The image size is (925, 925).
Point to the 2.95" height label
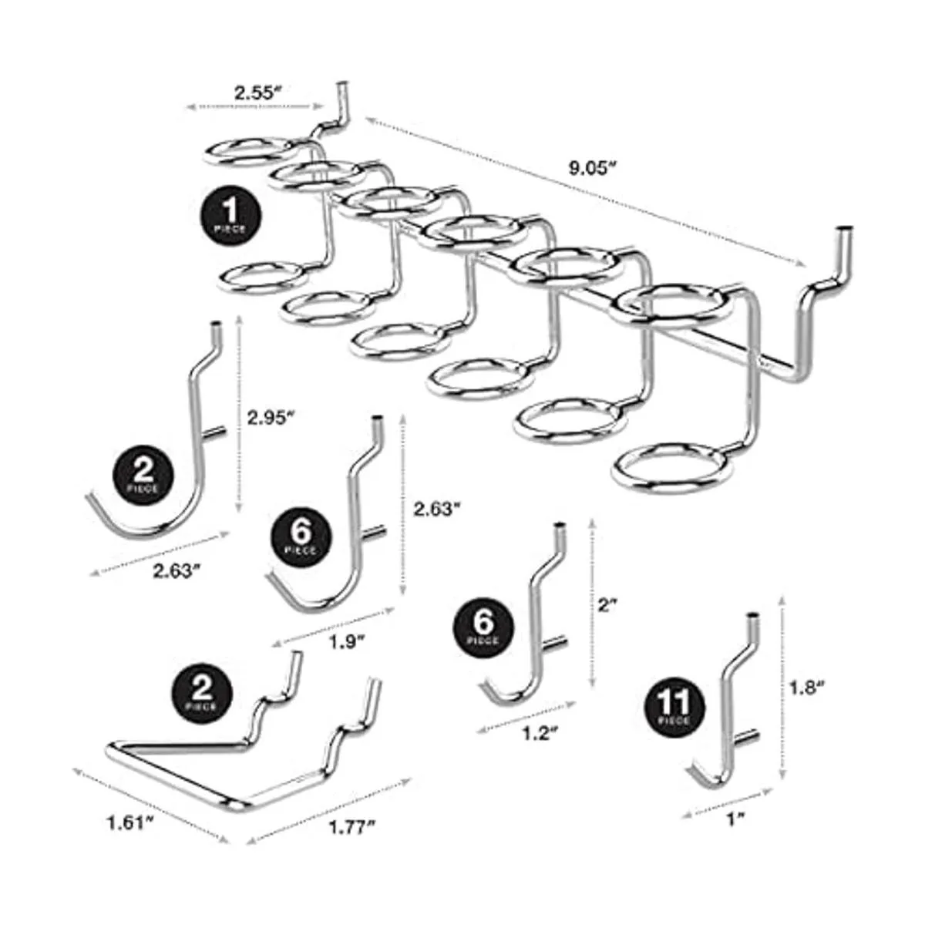pyautogui.click(x=271, y=418)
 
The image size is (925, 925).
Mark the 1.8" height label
pyautogui.click(x=809, y=688)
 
